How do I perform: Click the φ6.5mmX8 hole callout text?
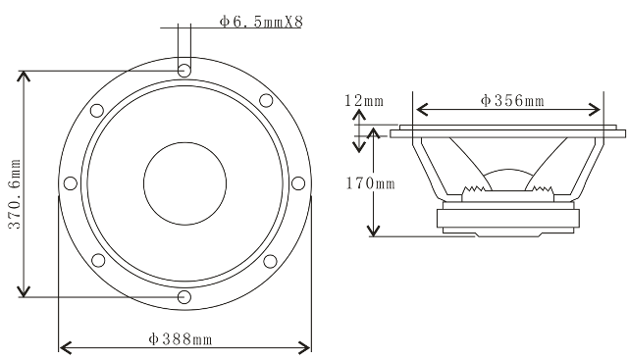(x=261, y=22)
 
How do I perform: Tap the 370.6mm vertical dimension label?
(x=16, y=194)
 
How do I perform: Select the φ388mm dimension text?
(x=181, y=339)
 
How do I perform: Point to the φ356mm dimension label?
(x=512, y=100)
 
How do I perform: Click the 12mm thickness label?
(x=364, y=100)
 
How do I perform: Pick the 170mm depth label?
(x=371, y=183)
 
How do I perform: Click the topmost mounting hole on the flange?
(x=184, y=70)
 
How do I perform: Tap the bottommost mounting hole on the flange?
(x=184, y=296)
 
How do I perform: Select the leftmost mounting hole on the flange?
(x=71, y=183)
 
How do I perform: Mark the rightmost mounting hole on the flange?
(x=298, y=183)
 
